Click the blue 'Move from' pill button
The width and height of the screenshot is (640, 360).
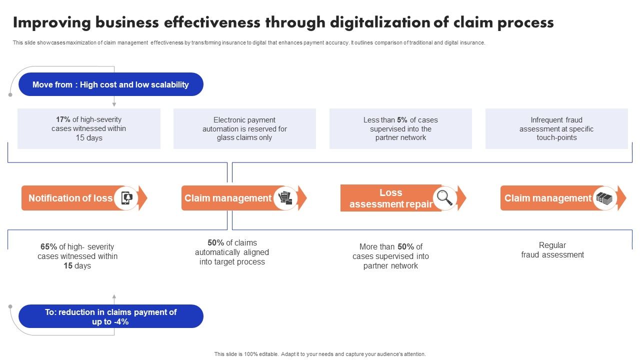110,84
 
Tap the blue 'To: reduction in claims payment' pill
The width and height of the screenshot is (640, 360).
110,316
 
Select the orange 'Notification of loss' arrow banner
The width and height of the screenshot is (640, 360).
70,198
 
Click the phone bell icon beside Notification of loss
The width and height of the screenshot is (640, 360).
126,198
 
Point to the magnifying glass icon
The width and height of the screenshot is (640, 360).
444,198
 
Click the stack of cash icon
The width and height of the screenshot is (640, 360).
604,198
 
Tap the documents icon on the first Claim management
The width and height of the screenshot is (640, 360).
285,198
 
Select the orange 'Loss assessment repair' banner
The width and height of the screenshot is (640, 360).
390,198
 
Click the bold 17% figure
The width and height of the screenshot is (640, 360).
63,119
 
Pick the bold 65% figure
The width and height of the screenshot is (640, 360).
48,246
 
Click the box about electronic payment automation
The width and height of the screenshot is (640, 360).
244,129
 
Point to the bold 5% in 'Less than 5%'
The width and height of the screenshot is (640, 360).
402,120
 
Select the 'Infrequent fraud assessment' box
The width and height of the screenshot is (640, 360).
556,129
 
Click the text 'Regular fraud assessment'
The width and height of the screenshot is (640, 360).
552,250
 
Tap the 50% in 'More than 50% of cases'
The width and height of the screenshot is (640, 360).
405,246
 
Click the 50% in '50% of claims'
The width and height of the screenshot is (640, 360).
216,242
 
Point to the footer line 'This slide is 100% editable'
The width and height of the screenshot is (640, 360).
320,354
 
